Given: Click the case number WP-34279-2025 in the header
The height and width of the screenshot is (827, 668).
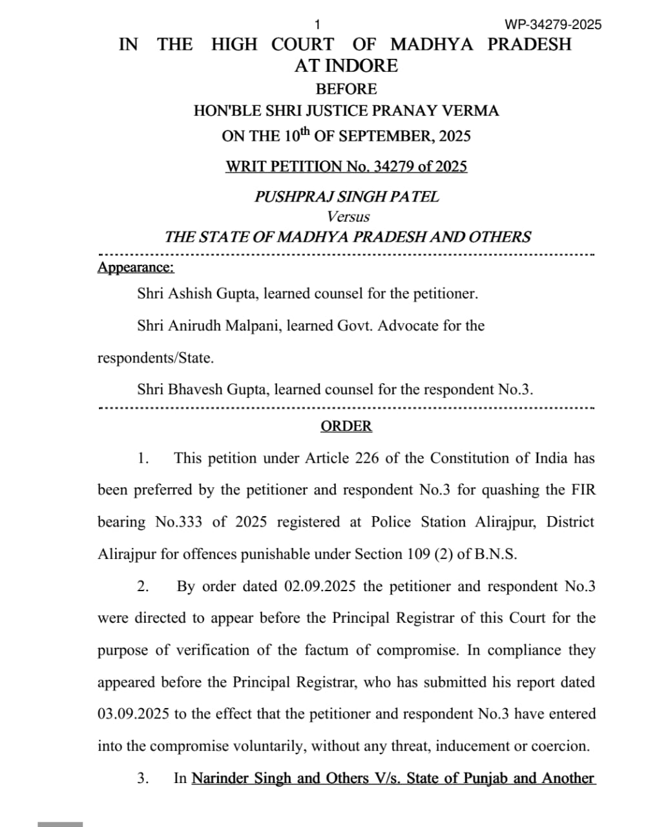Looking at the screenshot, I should tap(553, 25).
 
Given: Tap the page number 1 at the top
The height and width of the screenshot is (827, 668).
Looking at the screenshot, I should tap(317, 25).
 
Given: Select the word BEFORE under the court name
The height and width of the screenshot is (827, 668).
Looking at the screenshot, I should tap(346, 89).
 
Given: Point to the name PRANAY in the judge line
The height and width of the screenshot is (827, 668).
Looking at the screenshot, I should tap(407, 111).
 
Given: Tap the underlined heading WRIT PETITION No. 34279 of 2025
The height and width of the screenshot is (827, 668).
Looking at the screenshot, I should tap(346, 167).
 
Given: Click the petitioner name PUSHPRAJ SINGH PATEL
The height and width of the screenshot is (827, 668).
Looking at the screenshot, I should tap(346, 196).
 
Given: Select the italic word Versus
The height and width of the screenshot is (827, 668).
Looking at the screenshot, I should tap(348, 216).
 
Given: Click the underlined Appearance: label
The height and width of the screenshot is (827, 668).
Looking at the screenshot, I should tap(136, 267).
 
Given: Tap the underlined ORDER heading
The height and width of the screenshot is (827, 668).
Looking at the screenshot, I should tap(346, 426).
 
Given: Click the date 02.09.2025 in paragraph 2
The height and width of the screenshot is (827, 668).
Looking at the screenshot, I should tap(320, 586).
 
